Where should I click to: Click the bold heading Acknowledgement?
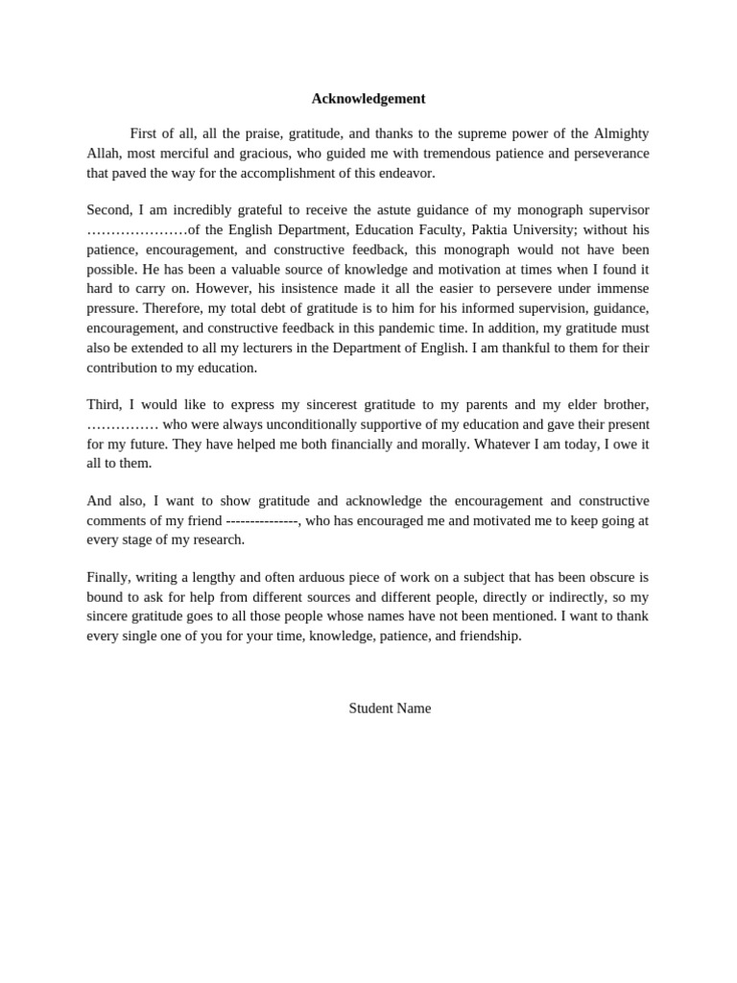pos(368,99)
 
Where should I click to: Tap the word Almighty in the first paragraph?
pos(620,133)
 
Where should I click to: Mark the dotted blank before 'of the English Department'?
pos(136,230)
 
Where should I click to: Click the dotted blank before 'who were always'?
pos(122,424)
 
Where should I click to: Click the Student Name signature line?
pos(390,708)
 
